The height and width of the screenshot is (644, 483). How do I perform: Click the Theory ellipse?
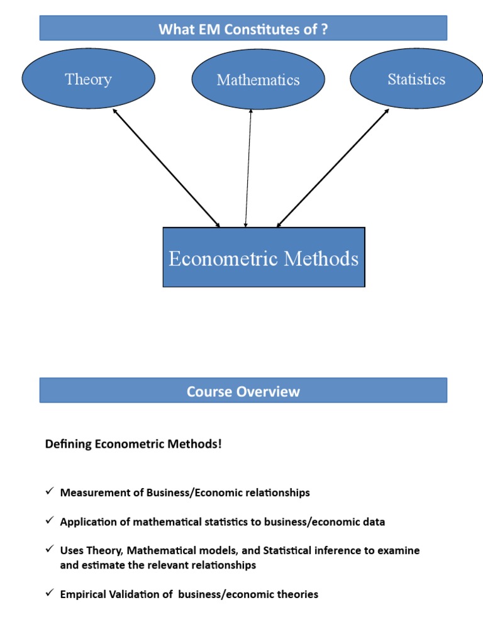point(88,79)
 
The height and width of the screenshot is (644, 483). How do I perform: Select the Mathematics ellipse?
point(258,80)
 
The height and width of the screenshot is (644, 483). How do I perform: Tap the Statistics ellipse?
point(416,79)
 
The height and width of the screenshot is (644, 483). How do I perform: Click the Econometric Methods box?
point(264,258)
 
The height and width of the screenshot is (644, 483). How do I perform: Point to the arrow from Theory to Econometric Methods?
point(167,167)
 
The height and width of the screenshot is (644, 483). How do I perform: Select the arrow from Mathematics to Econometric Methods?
point(248,167)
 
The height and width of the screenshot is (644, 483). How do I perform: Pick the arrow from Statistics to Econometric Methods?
point(333,167)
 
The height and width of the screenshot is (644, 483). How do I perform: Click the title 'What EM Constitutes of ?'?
point(243,29)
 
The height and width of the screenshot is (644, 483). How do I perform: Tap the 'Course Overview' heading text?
point(243,392)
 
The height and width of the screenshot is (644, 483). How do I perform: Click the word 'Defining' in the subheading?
point(68,445)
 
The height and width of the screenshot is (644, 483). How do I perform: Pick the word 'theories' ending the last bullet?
point(297,594)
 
